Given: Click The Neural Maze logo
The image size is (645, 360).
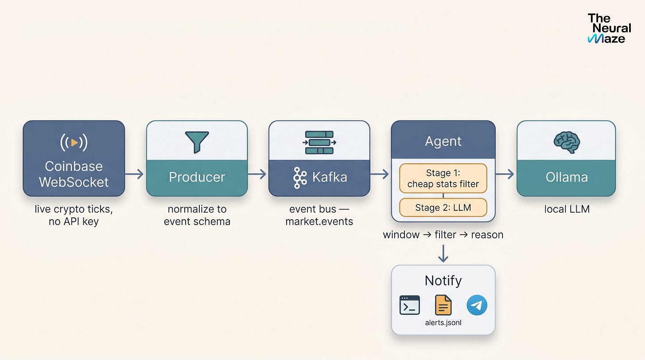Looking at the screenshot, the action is point(609,28).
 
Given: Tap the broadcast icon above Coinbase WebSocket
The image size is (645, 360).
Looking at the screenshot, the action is point(74,142).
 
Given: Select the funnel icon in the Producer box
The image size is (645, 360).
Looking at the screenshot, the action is point(197,142).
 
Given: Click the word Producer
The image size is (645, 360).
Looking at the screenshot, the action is point(197,177).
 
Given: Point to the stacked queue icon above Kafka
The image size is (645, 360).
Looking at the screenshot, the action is point(319,143).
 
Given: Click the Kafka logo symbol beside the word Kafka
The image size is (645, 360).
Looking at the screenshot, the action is point(300,178).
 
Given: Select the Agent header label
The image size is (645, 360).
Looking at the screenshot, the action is point(443,141).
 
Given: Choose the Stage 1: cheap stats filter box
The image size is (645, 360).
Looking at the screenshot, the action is point(443,178).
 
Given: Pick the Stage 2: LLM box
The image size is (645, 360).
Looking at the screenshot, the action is point(443,208).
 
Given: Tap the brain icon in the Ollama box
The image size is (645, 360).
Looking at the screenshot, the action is point(567,143).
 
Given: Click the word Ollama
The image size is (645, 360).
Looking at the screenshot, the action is point(567,177).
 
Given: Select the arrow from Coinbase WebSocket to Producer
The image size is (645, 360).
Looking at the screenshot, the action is point(134,174).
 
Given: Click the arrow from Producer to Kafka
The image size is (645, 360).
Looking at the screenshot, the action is point(257,174).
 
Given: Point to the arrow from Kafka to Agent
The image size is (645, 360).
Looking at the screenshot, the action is point(380,174).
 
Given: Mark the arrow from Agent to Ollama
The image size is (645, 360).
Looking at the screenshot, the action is point(505,174).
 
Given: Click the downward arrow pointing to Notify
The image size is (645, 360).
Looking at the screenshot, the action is point(443,254).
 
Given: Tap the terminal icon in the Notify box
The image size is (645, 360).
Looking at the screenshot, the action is point(409,305).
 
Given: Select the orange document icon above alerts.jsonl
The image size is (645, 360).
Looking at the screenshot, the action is point(443,305).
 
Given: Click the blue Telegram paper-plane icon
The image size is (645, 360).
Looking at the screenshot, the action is point(477,305).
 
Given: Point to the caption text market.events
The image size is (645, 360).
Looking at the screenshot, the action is point(319,221).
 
